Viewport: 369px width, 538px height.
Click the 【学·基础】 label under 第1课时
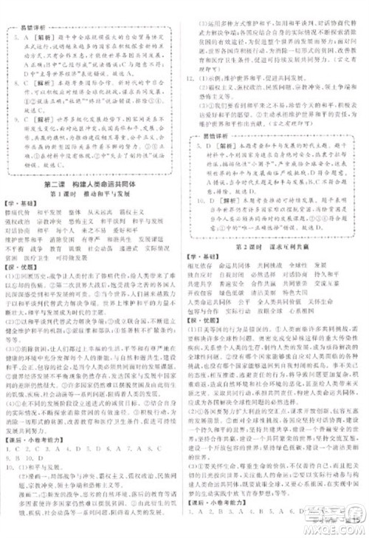21,202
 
